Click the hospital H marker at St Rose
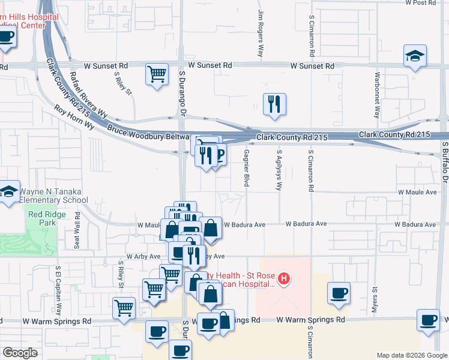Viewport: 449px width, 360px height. (x=285, y=278)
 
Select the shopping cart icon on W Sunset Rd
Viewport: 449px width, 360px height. (x=157, y=74)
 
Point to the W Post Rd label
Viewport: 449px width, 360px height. (x=420, y=3)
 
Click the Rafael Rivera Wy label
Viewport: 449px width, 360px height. (x=88, y=95)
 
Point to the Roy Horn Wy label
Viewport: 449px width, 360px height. (x=74, y=117)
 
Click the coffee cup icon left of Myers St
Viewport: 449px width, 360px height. (x=339, y=293)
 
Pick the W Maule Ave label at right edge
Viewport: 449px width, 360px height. (x=417, y=193)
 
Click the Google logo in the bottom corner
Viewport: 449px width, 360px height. (x=20, y=353)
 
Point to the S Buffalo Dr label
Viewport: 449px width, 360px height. (x=445, y=162)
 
